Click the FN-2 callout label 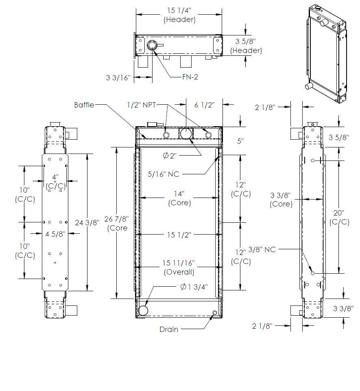coord(190,77)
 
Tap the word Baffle coord(84,105)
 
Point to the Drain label coord(169,329)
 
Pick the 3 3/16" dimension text coord(118,77)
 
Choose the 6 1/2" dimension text coord(204,105)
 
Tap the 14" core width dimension coord(179,193)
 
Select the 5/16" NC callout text coord(164,174)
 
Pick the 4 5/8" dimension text coord(55,234)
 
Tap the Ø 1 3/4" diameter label coord(194,287)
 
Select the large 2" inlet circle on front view coord(186,134)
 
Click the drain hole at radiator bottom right coord(215,313)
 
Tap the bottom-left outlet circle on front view coord(143,311)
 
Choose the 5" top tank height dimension coord(240,141)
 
